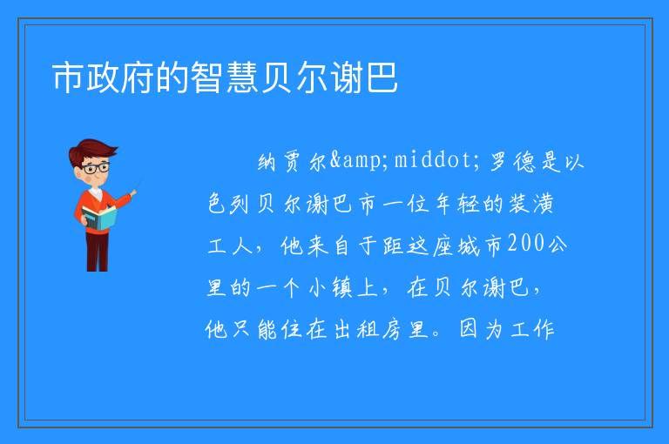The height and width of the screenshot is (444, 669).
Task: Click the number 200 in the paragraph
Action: [x=526, y=244]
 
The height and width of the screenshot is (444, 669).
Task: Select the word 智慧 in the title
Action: [x=225, y=77]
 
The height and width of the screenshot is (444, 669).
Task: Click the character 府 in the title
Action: [x=138, y=77]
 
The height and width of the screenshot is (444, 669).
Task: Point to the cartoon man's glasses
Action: [x=95, y=168]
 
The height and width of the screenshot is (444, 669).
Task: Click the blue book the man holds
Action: [x=99, y=218]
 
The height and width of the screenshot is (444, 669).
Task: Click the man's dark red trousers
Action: [x=98, y=252]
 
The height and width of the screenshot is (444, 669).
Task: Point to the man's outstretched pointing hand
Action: [x=133, y=193]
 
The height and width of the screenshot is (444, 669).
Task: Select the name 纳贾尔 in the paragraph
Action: [x=292, y=162]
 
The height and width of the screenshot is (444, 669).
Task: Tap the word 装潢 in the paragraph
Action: [x=531, y=204]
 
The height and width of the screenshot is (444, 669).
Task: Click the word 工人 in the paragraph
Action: [x=230, y=246]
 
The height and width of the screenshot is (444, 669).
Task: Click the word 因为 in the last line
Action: [x=481, y=329]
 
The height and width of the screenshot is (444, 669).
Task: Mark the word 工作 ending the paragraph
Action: [x=532, y=329]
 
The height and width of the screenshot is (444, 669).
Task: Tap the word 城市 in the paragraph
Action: [x=480, y=246]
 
